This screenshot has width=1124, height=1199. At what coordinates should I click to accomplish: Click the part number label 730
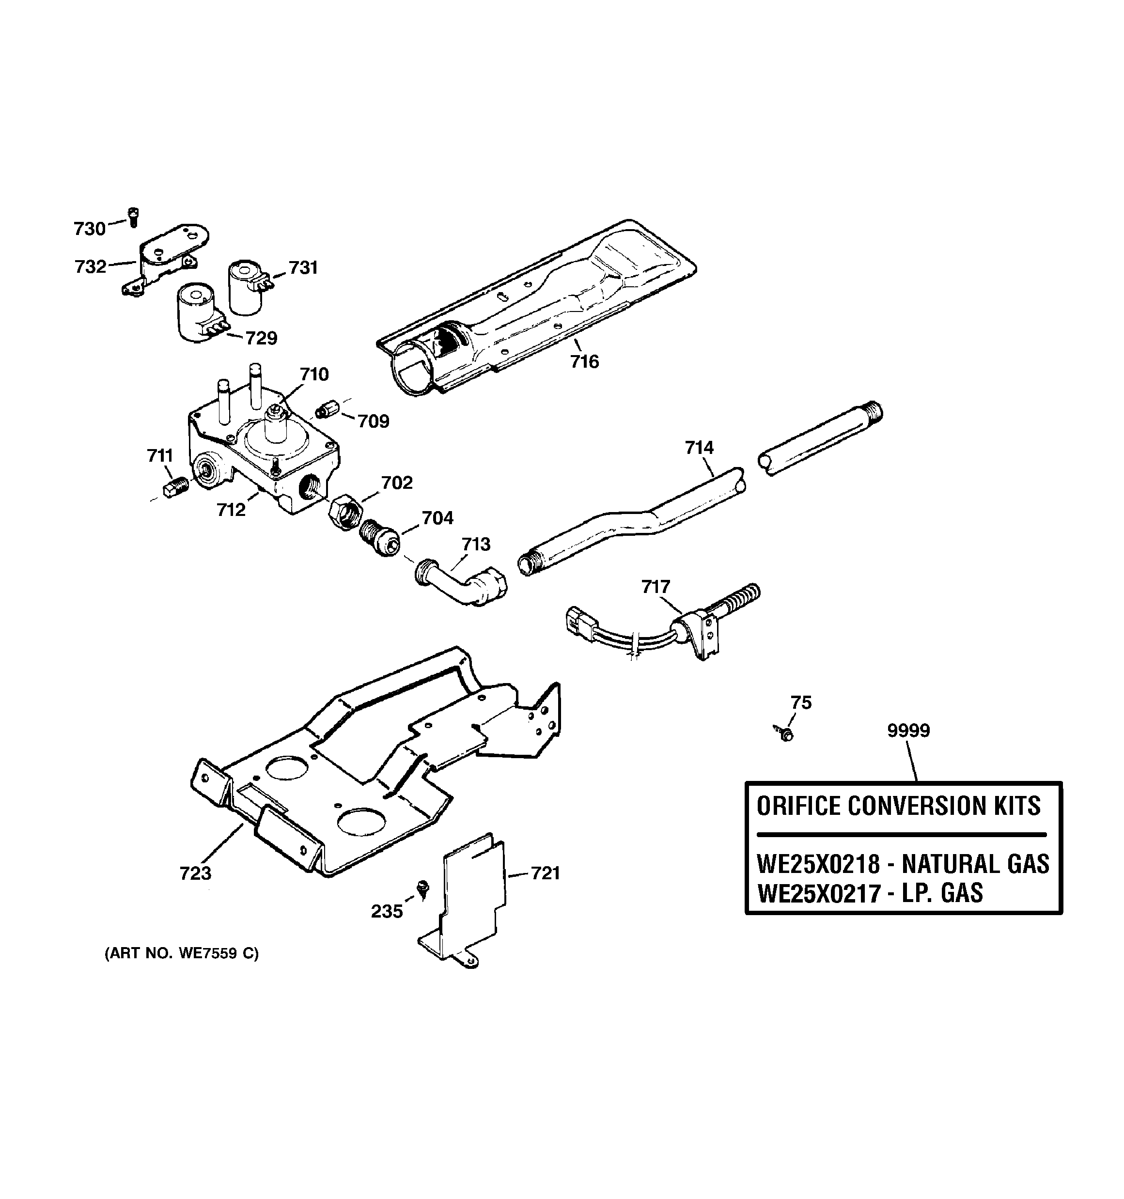pos(89,229)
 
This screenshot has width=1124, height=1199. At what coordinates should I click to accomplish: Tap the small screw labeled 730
pos(133,217)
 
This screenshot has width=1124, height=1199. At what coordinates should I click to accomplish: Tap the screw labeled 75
pos(785,734)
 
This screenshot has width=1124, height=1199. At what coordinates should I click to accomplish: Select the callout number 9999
pos(908,731)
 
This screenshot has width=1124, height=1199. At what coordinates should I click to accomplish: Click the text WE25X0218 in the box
pos(818,864)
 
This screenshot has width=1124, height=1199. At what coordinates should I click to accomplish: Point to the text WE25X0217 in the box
pos(818,893)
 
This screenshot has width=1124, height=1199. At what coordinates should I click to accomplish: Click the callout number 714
pos(699,448)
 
